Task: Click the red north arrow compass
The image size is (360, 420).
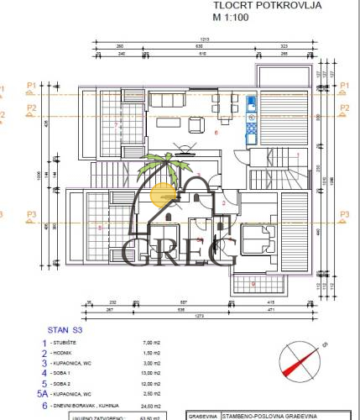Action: tap(301, 363)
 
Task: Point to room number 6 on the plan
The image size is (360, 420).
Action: tap(216, 132)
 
